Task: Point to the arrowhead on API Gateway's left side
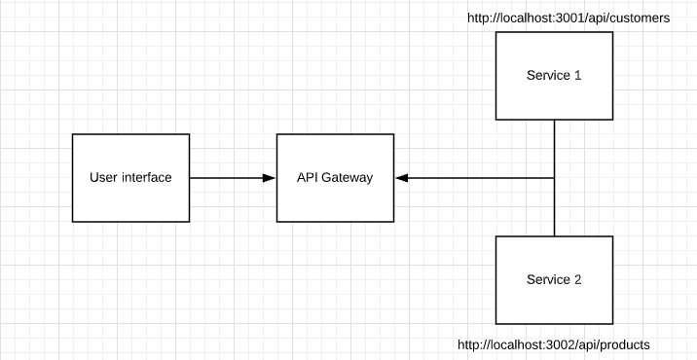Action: click(270, 178)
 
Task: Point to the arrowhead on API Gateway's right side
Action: click(401, 178)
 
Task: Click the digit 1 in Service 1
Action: click(578, 76)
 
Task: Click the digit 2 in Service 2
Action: click(578, 280)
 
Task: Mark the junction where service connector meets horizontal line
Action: click(555, 178)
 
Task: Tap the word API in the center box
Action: click(308, 178)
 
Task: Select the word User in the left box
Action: click(102, 178)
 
